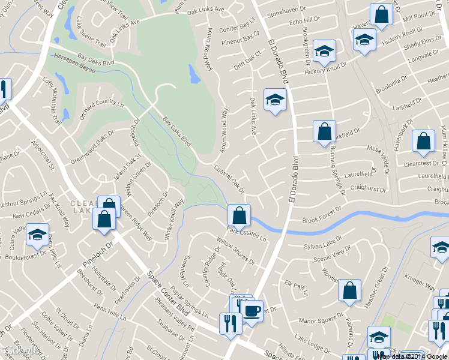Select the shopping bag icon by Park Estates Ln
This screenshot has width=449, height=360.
(239, 215)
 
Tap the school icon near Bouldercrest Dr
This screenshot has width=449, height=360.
(37, 236)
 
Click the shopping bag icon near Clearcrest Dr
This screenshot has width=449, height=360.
(423, 142)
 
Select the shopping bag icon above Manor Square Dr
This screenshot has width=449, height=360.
(349, 290)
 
